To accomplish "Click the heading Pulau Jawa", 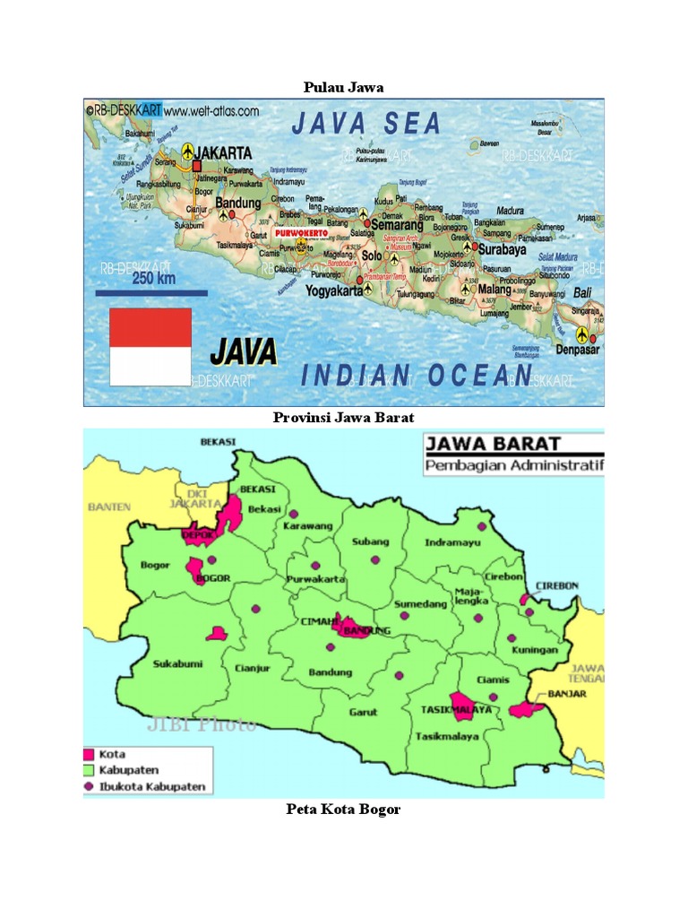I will [343, 87].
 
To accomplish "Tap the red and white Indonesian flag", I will [150, 346].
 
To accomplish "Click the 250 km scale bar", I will [151, 292].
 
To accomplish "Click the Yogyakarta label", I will [332, 290].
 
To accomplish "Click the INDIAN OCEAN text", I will [417, 376].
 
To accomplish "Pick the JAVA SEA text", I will [366, 124].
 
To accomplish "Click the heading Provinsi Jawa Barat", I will [343, 418].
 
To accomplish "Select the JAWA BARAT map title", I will [493, 444].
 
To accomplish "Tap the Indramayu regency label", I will [452, 542].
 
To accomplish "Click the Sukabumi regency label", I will [177, 664].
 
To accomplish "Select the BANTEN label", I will [109, 507].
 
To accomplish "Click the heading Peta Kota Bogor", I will [343, 810].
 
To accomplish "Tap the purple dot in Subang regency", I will [372, 559].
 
